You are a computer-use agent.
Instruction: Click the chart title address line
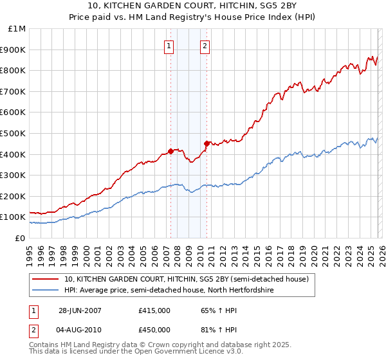click(193, 6)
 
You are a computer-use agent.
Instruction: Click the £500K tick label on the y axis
click(14, 133)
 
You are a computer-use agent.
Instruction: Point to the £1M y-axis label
click(16, 28)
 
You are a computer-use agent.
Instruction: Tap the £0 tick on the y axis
click(19, 238)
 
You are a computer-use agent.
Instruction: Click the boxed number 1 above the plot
click(169, 46)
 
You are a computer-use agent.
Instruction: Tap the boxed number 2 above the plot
click(205, 46)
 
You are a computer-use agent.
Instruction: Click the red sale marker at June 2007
click(170, 151)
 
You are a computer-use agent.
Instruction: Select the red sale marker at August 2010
click(207, 143)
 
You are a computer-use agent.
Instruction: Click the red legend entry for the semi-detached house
click(187, 280)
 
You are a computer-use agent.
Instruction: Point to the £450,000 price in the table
click(154, 329)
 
